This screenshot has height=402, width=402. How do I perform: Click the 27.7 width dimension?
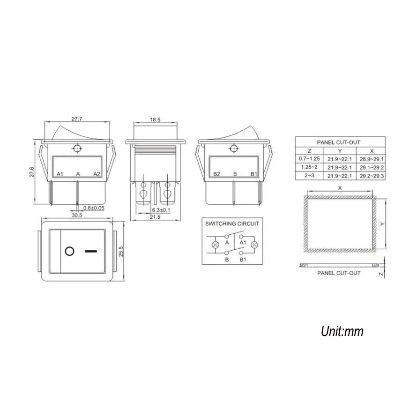click(x=77, y=119)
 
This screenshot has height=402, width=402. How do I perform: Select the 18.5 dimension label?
click(x=155, y=120)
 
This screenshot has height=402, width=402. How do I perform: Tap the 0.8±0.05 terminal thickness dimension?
click(x=94, y=208)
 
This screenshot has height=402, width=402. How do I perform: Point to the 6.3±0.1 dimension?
click(x=161, y=210)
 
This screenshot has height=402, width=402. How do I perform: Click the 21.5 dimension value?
click(x=155, y=217)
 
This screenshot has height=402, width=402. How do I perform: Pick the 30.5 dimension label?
click(x=77, y=216)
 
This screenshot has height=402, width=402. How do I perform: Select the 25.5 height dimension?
click(x=121, y=252)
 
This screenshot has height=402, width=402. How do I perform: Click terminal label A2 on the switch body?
click(x=97, y=174)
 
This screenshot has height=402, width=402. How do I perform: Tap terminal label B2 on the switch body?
click(x=216, y=174)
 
